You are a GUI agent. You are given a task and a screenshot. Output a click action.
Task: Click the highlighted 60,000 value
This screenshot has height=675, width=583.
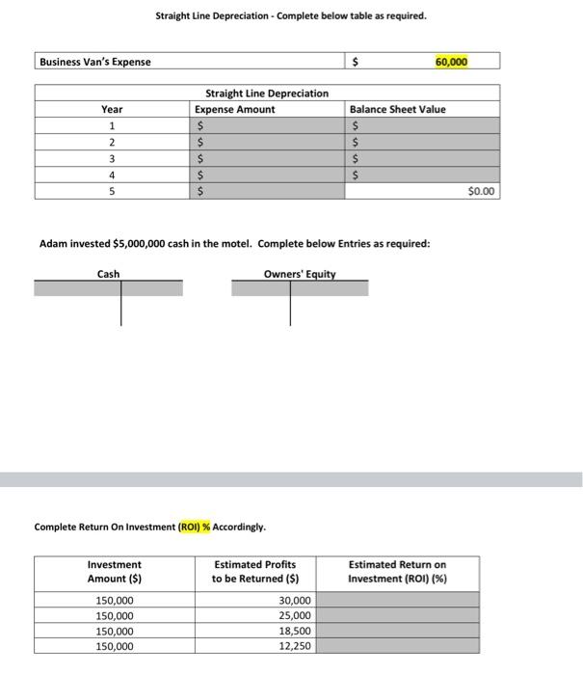pos(451,62)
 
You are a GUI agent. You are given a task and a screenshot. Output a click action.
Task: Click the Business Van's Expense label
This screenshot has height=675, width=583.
pos(95,62)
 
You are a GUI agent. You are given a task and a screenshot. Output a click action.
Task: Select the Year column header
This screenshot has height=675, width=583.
pos(113,109)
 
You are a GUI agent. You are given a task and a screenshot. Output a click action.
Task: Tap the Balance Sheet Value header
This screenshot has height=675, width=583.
pos(397,109)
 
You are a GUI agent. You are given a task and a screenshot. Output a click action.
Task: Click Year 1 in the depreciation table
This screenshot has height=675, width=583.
pos(113,125)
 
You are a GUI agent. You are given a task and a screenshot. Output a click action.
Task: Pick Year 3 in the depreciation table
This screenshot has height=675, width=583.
pos(113,158)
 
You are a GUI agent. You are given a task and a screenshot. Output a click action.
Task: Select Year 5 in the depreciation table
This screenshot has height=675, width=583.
pos(113,191)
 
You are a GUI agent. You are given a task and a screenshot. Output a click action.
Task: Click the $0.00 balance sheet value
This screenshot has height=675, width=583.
pos(481,191)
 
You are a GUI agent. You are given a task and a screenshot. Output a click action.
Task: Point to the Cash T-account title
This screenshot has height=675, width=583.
pos(109,274)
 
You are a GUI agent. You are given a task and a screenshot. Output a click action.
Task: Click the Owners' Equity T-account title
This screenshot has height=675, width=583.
pos(300,274)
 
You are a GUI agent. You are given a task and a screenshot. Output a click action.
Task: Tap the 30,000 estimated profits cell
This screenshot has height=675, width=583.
pos(295,600)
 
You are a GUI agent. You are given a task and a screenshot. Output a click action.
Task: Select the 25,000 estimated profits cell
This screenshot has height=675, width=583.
pos(295,615)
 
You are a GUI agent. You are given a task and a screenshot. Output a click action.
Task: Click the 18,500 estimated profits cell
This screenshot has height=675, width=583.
pos(295,631)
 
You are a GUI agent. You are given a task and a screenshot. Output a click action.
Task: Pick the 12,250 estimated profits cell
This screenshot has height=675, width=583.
pos(295,646)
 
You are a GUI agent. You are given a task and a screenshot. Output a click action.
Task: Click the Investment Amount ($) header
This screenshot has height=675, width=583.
pos(114,571)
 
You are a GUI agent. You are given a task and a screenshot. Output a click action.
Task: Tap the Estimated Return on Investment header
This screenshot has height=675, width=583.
pos(397,571)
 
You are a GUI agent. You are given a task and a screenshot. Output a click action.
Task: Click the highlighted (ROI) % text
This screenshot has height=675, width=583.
pos(195,526)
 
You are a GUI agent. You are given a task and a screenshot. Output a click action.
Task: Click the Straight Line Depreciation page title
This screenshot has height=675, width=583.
pos(290,16)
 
